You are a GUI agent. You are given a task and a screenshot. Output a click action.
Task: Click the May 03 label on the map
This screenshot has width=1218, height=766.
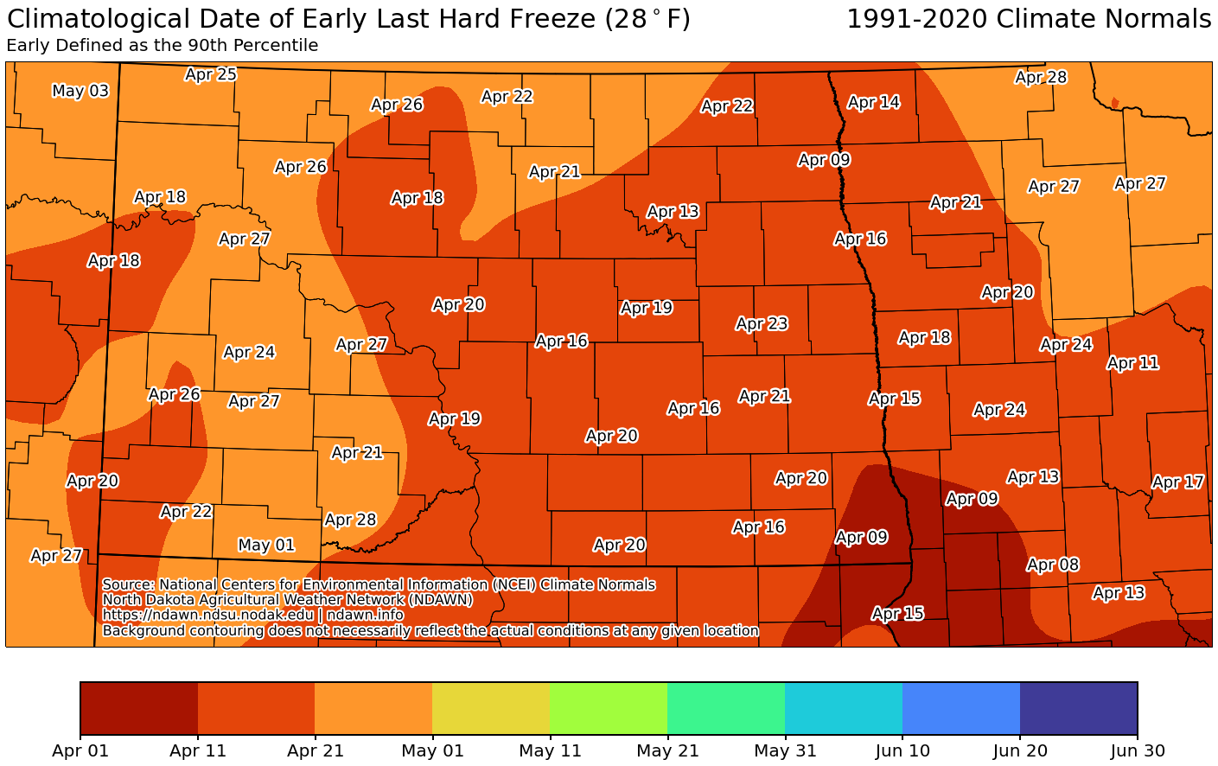[x=80, y=91]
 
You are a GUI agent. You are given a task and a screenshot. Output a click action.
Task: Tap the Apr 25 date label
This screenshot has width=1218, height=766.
[x=211, y=74]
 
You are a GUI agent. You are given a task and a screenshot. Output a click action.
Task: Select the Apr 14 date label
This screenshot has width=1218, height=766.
[x=873, y=102]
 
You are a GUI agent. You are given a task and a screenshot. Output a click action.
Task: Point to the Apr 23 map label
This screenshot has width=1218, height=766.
[x=762, y=323]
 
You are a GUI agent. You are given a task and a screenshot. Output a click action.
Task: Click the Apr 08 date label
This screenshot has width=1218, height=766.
[x=1053, y=565]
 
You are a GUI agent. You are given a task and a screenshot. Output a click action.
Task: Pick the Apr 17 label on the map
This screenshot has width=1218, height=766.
[x=1177, y=482]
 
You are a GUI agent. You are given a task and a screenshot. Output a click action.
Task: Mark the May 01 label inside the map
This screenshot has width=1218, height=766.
[x=266, y=545]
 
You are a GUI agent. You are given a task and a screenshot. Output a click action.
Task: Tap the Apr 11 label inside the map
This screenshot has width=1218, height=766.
[x=1132, y=362]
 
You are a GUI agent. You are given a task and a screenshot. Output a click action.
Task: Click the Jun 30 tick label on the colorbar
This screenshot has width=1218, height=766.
[x=1137, y=750]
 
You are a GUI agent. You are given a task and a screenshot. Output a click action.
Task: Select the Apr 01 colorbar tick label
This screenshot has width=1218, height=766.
[x=80, y=750]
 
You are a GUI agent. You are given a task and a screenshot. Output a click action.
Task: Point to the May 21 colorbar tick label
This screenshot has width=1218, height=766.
[x=667, y=750]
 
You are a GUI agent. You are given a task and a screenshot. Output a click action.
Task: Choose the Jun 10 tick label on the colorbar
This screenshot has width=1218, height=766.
[x=902, y=750]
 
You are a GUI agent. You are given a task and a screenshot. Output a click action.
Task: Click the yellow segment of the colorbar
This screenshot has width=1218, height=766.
[x=490, y=707]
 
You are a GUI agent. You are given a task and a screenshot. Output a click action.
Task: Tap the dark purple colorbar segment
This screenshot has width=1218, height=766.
[x=1078, y=707]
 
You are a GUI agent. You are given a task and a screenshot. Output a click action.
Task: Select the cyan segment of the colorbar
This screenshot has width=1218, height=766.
[x=843, y=707]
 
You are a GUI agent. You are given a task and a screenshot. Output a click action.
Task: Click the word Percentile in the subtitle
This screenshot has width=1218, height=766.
[x=276, y=46]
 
